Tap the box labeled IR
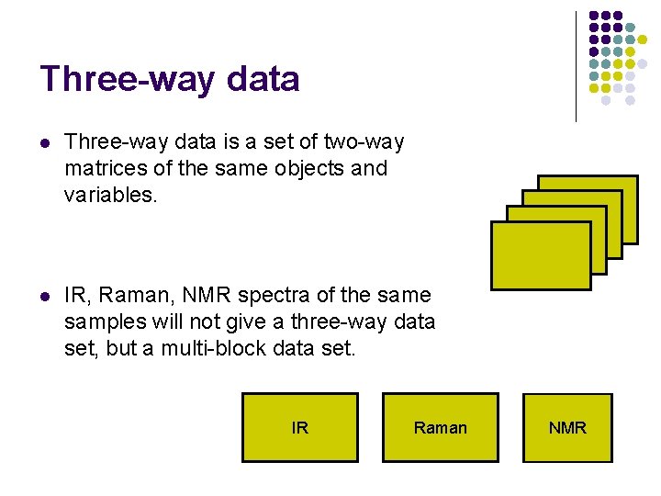point(299,427)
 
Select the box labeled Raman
point(440,427)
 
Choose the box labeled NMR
point(566,427)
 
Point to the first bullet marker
point(45,142)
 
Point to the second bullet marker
point(45,296)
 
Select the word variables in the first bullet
point(111,195)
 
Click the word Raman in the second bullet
point(135,296)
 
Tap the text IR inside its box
point(299,428)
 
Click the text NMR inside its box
point(567,428)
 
